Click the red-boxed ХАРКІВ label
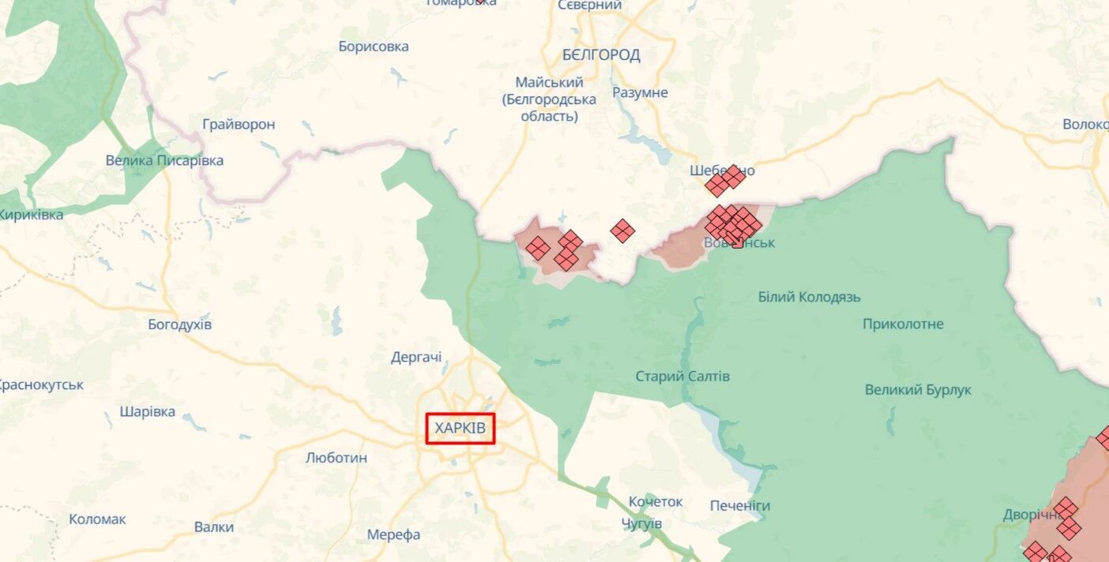coord(461,429)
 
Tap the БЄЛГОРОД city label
coord(601,54)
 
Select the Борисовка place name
coord(374,47)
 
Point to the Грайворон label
coord(239,124)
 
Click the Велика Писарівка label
coord(164,160)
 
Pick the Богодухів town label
coord(180,324)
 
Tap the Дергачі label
coord(416,358)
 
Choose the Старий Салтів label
coord(682,376)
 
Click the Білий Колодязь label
coord(809,297)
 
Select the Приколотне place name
coord(903,324)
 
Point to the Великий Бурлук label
coord(918,390)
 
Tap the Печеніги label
coord(739,506)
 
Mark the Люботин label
coord(336,458)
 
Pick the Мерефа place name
coord(393,534)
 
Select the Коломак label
coord(97,519)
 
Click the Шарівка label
coord(148,412)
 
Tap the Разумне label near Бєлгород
coord(640,92)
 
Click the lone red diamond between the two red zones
coord(622,230)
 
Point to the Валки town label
coord(214,527)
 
